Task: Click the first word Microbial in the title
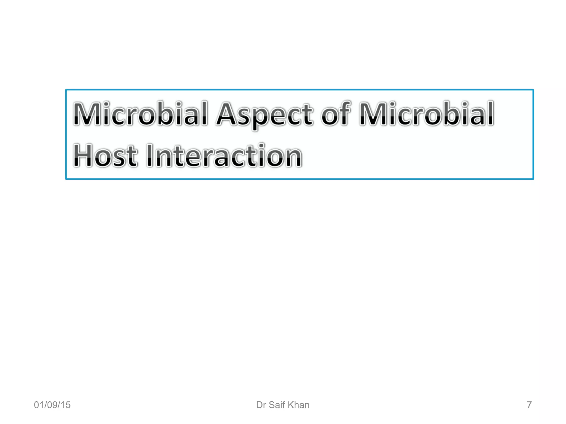pos(140,114)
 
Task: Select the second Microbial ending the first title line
pos(426,114)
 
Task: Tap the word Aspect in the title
pos(264,115)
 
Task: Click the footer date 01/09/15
pos(52,405)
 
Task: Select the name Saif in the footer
pos(277,405)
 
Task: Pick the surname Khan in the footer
pos(299,405)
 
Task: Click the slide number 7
pos(529,405)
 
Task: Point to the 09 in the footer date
pos(52,405)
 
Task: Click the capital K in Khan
pos(291,405)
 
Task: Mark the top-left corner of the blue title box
pos(66,90)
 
